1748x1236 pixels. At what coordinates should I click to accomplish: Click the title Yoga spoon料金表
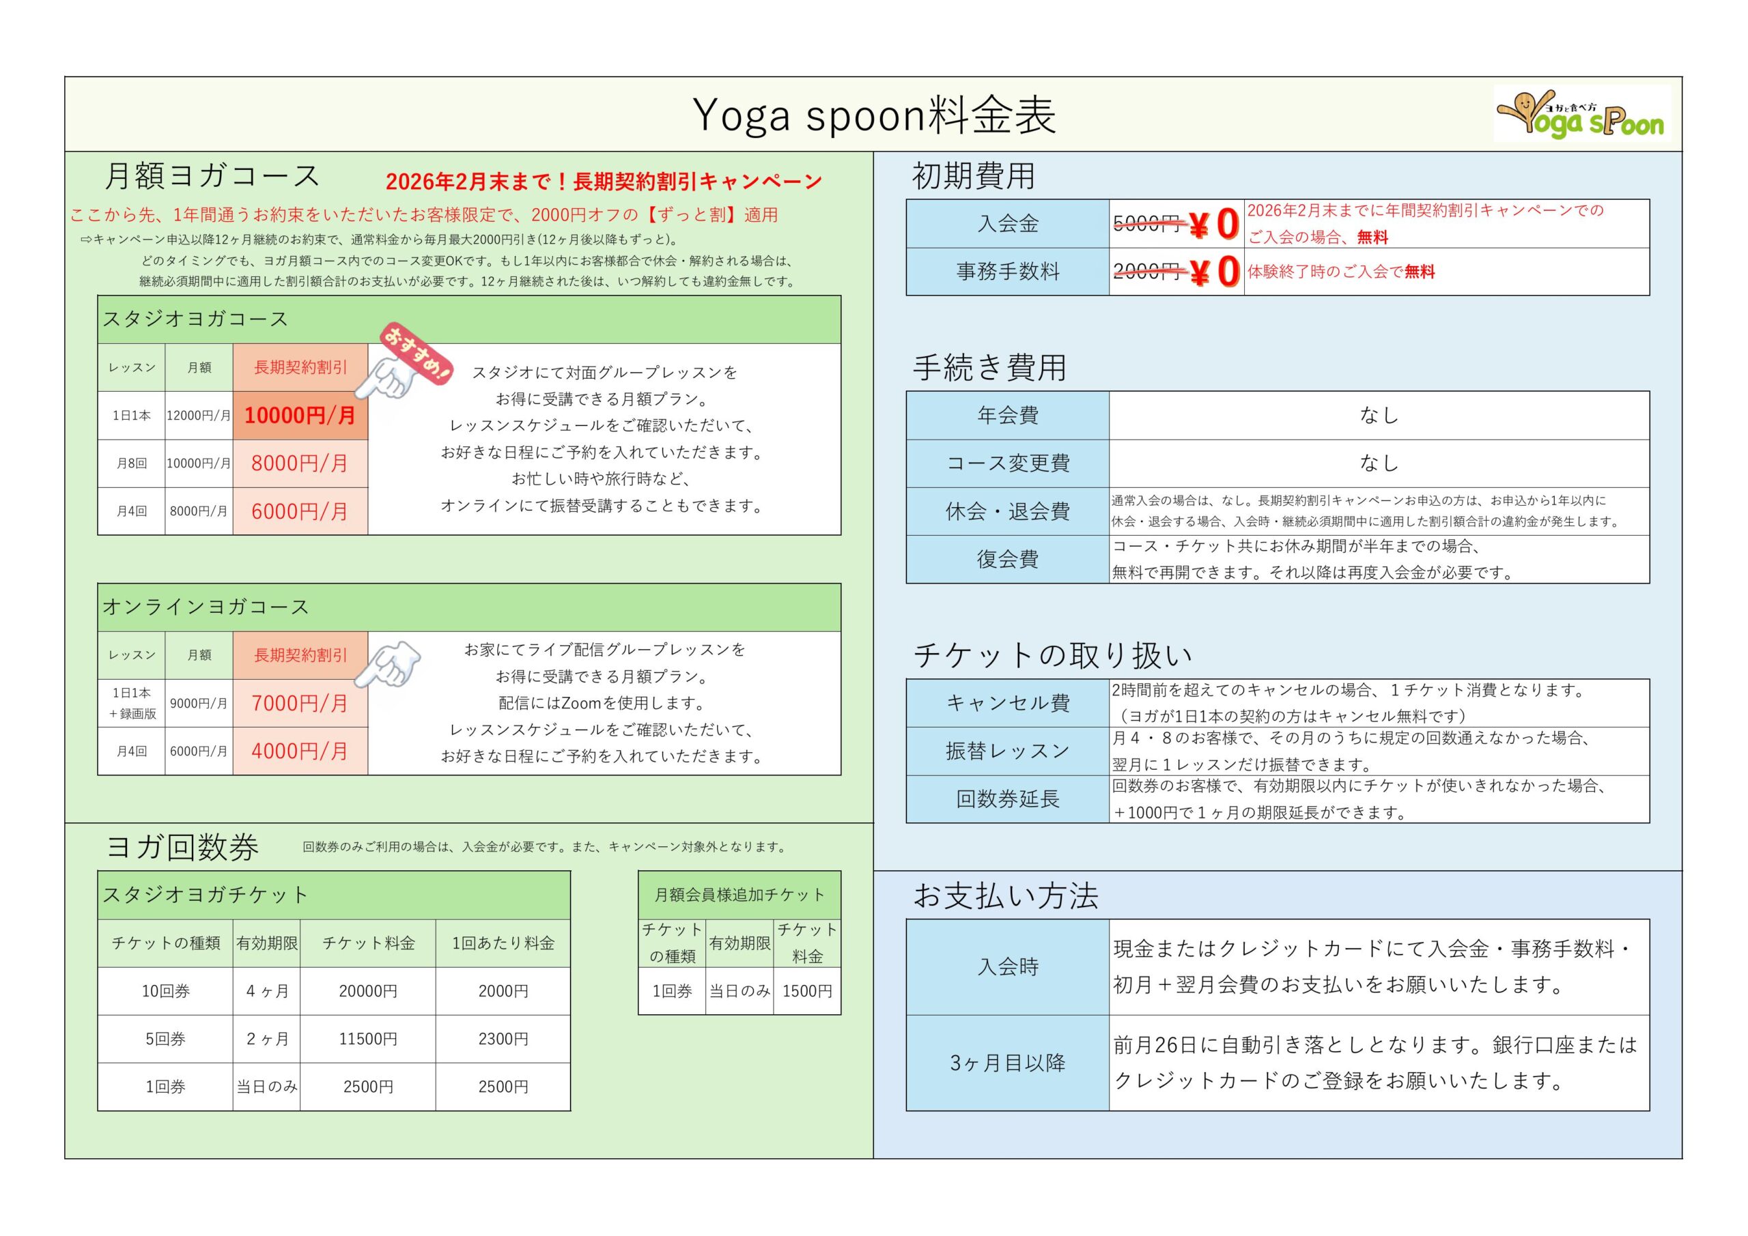874,116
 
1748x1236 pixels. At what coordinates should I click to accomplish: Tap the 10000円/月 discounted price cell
300,416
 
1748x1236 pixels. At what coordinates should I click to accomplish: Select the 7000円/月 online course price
300,703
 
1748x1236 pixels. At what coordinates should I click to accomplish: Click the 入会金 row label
1007,224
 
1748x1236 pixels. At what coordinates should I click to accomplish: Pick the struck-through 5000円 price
1147,224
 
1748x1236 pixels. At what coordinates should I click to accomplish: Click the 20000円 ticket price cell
368,991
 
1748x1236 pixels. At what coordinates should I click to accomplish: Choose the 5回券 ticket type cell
165,1039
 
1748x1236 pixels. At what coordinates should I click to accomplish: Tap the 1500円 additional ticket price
807,991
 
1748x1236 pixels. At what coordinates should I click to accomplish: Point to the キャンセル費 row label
1007,703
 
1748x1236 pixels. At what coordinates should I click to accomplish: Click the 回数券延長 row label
1007,799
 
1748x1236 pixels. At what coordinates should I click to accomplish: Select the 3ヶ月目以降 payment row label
1007,1063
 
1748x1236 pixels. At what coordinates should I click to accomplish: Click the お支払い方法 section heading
1006,897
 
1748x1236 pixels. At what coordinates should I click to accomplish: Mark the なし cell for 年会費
1379,416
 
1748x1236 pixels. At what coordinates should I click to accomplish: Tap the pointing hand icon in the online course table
389,663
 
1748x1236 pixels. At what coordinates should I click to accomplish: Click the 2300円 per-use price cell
503,1039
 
